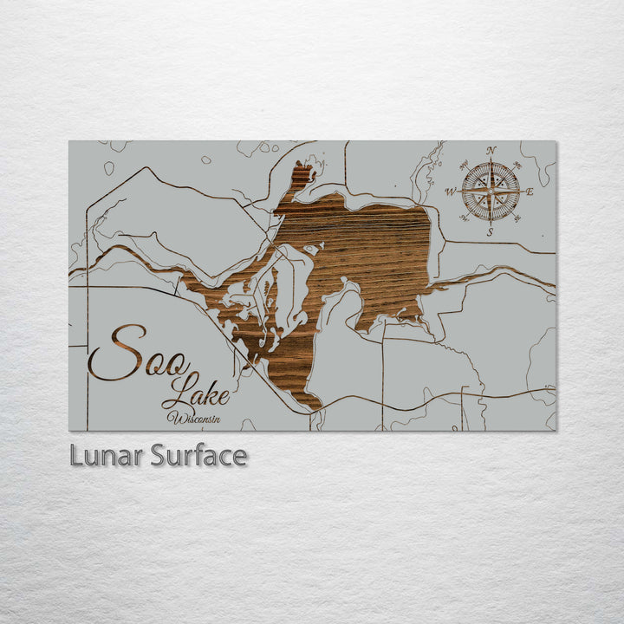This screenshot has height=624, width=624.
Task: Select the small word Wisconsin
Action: pos(195,418)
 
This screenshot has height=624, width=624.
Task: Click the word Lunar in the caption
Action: pos(107,455)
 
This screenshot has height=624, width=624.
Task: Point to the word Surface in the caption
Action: pos(198,455)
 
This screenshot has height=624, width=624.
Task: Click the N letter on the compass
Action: pos(491,151)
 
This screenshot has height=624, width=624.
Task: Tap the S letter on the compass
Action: pos(491,231)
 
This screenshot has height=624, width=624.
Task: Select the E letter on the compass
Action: pos(530,192)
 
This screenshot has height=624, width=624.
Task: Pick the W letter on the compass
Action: pos(451,192)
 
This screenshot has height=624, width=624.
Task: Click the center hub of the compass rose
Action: pos(491,192)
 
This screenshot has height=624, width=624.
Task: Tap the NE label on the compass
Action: pos(517,165)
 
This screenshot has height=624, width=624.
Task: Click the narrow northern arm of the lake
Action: pos(301,179)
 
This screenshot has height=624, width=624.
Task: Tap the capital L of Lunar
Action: pos(77,455)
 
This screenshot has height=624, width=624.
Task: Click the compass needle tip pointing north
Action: pos(491,160)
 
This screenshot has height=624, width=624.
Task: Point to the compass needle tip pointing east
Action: pos(521,192)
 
